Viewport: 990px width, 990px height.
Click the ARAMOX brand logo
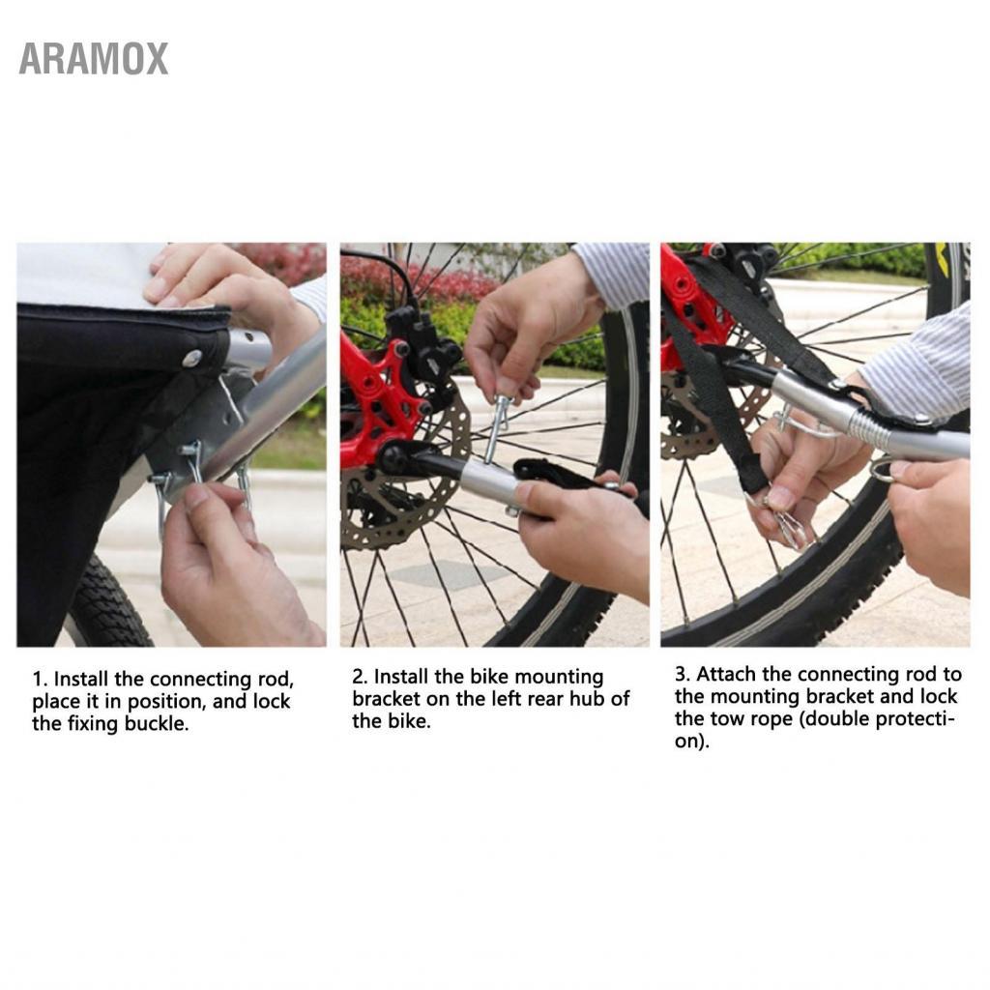click(94, 59)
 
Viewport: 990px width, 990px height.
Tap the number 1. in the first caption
click(40, 680)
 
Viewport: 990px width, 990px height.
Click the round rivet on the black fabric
click(192, 360)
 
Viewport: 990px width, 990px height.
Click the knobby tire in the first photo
click(106, 599)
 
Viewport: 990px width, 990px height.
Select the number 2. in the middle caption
click(360, 677)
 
